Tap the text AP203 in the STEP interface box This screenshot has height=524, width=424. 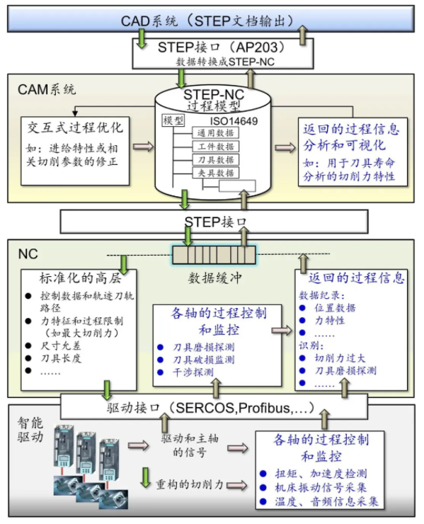point(257,47)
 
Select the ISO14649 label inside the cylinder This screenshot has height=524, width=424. point(234,121)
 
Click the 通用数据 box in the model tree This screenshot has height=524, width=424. point(215,133)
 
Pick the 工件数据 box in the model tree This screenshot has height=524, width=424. point(215,147)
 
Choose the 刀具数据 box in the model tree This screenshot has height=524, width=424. point(215,160)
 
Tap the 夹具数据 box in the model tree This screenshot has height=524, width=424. point(215,173)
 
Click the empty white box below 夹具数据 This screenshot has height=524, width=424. point(237,186)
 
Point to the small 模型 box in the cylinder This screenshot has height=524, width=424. point(173,120)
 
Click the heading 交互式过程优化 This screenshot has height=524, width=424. point(75,127)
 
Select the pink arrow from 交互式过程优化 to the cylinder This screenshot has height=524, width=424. point(143,147)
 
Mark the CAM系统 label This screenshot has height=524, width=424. point(47,89)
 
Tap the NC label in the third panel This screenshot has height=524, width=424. point(28,254)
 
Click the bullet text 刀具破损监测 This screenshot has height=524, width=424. point(203,360)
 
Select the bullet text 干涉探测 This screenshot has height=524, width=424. point(193,372)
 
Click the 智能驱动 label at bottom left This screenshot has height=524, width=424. point(30,430)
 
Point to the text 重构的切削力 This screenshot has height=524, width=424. point(190,484)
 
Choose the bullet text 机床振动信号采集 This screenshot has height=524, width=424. point(321,488)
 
